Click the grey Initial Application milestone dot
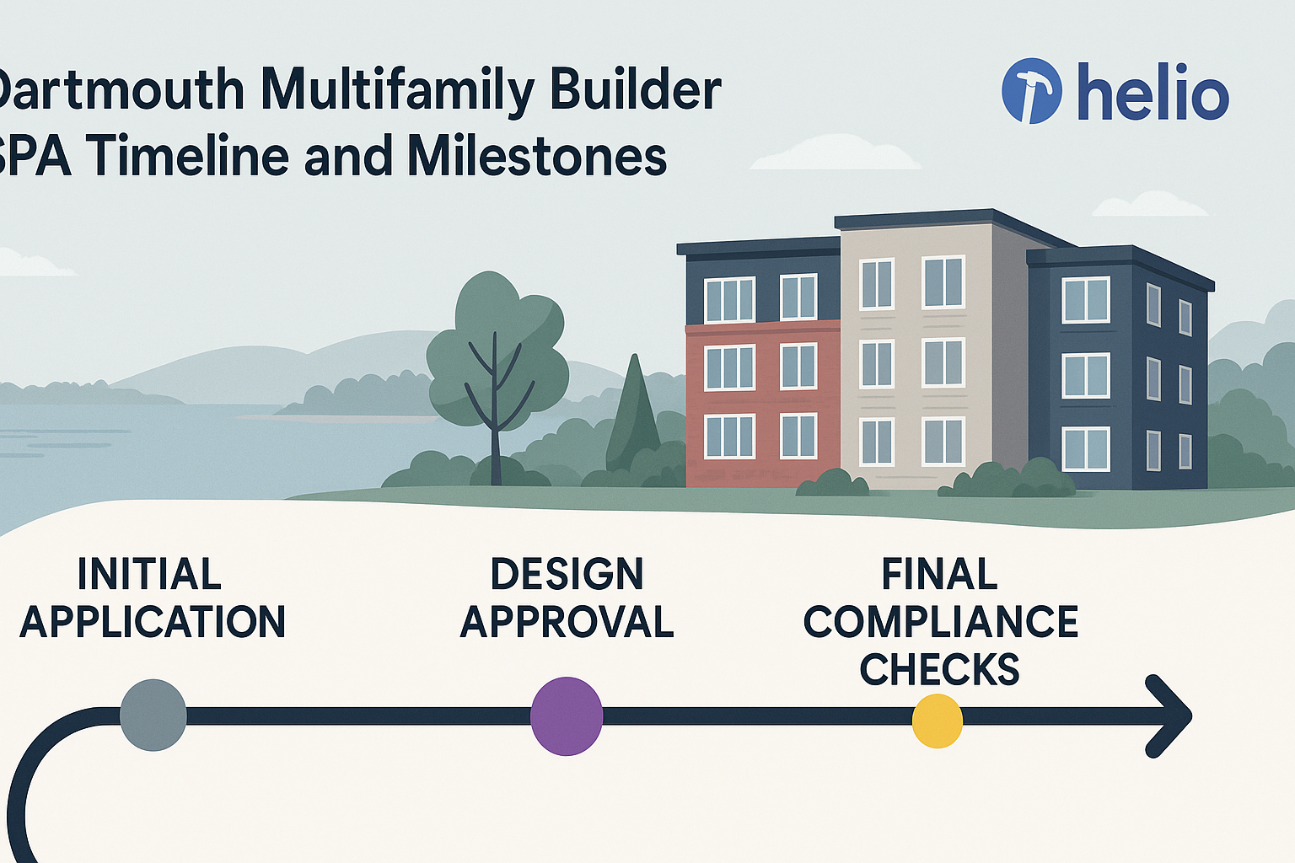click(153, 715)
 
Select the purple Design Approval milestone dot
click(567, 716)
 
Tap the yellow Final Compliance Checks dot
click(938, 721)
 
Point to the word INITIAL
click(149, 575)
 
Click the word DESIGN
click(567, 575)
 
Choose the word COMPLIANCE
click(940, 622)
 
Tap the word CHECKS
click(939, 669)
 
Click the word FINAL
click(939, 575)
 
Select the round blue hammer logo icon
click(1031, 91)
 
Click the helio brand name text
click(1153, 93)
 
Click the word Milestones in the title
click(537, 157)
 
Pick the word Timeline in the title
click(187, 157)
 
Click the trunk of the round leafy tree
click(495, 438)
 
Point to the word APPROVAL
click(567, 622)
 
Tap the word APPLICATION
click(153, 622)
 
